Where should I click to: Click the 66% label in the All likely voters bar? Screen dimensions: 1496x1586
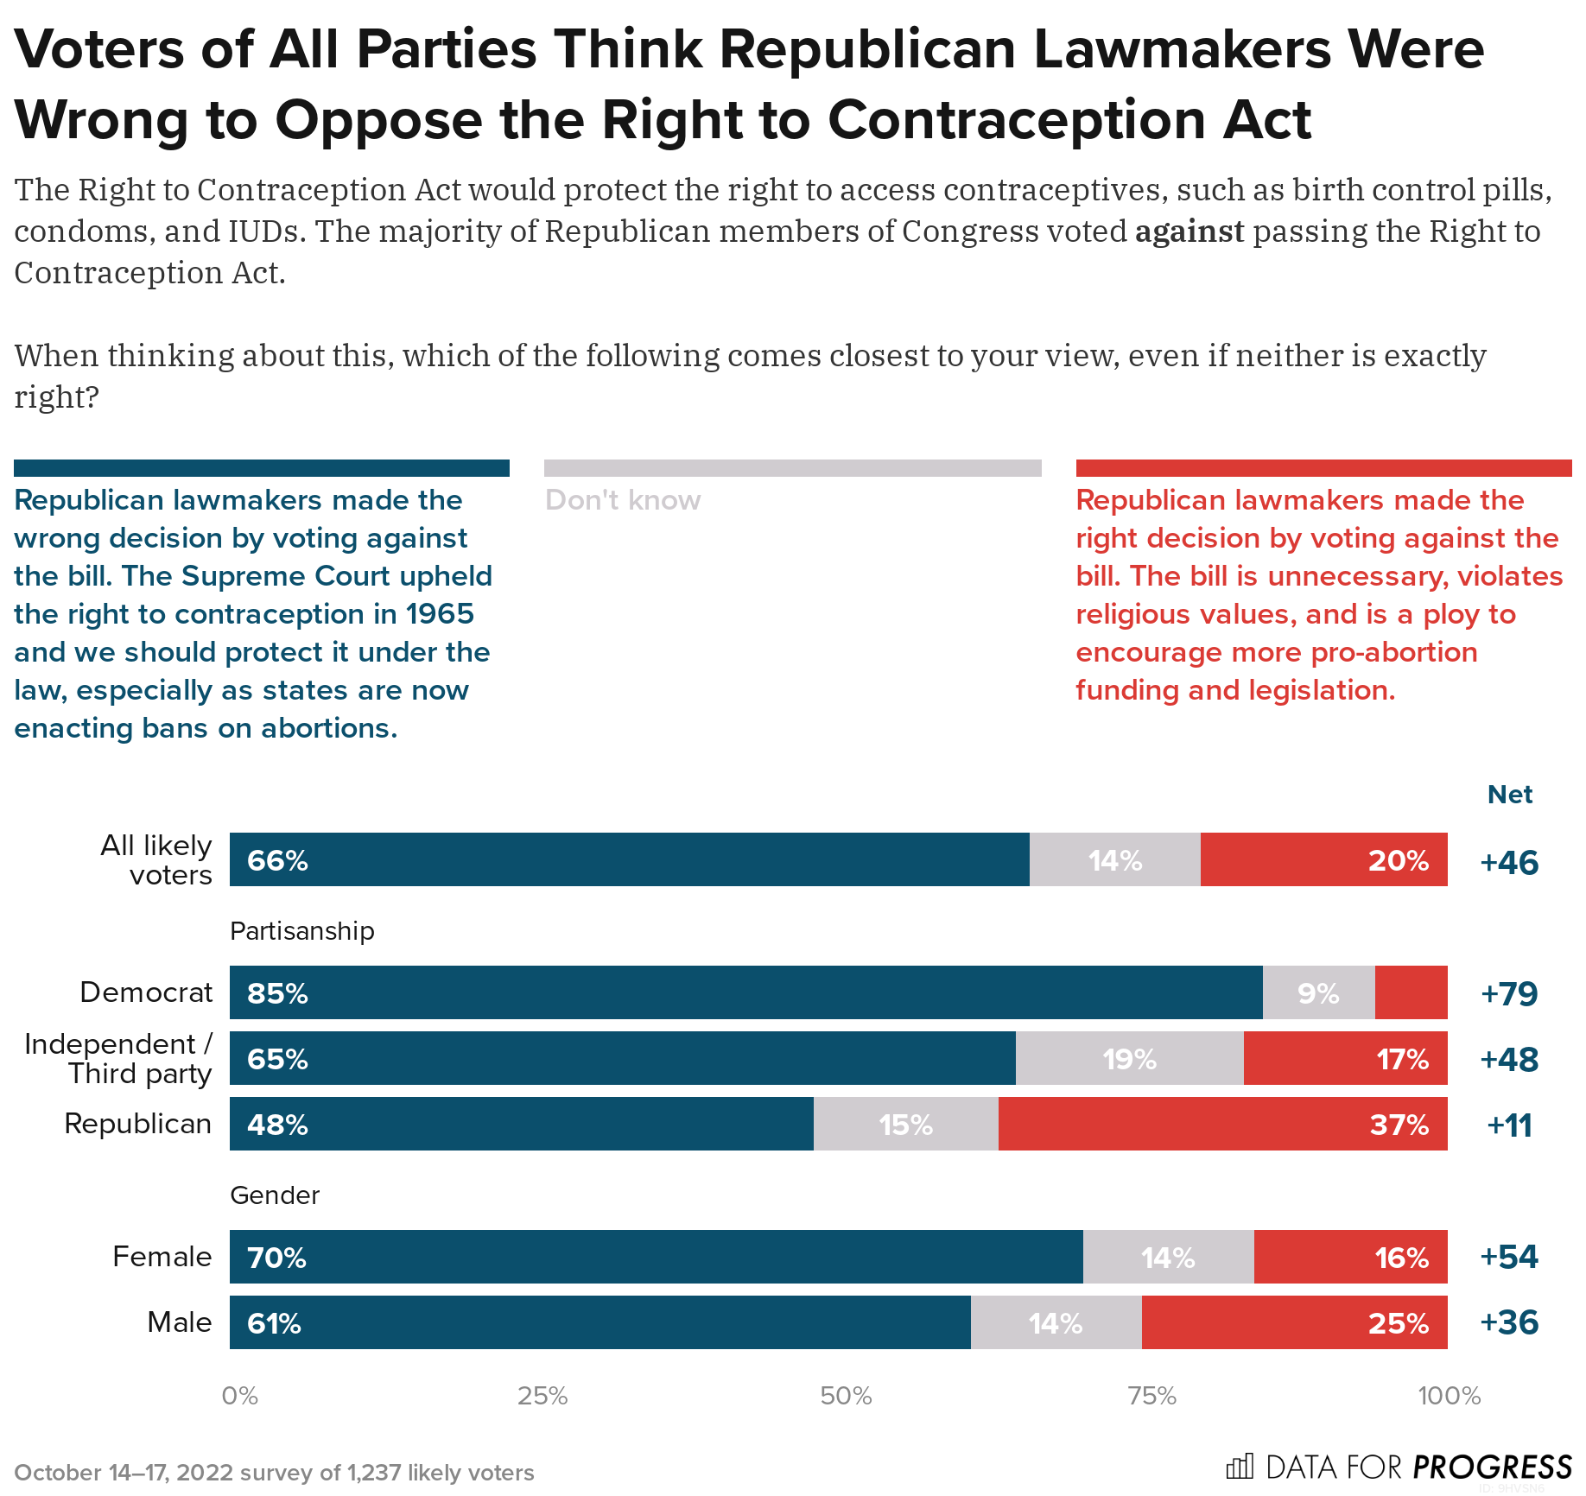(277, 860)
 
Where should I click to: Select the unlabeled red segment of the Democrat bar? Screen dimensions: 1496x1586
(1411, 992)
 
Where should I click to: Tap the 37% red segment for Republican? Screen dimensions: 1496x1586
(1222, 1124)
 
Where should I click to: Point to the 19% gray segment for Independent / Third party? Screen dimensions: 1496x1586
(1129, 1059)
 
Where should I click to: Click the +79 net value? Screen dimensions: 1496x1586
(1509, 993)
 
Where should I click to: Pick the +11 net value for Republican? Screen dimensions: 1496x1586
(1509, 1125)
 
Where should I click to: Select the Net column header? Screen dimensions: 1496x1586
(1509, 795)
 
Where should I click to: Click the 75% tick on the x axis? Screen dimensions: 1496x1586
(1152, 1396)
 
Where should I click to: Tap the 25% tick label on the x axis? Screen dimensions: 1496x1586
(542, 1396)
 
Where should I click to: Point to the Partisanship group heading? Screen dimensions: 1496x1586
(302, 931)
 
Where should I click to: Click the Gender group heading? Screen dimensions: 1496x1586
(275, 1195)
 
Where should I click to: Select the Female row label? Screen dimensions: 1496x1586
(162, 1256)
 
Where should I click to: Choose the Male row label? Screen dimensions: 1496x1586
(179, 1322)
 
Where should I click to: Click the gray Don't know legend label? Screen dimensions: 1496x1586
(623, 500)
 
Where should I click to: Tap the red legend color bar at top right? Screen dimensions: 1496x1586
(1323, 468)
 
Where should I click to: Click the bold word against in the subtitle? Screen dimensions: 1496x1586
(1189, 231)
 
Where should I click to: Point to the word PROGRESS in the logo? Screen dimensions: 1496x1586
(1492, 1467)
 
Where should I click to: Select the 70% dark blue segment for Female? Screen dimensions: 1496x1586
(656, 1256)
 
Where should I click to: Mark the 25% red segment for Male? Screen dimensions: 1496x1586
(1294, 1322)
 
